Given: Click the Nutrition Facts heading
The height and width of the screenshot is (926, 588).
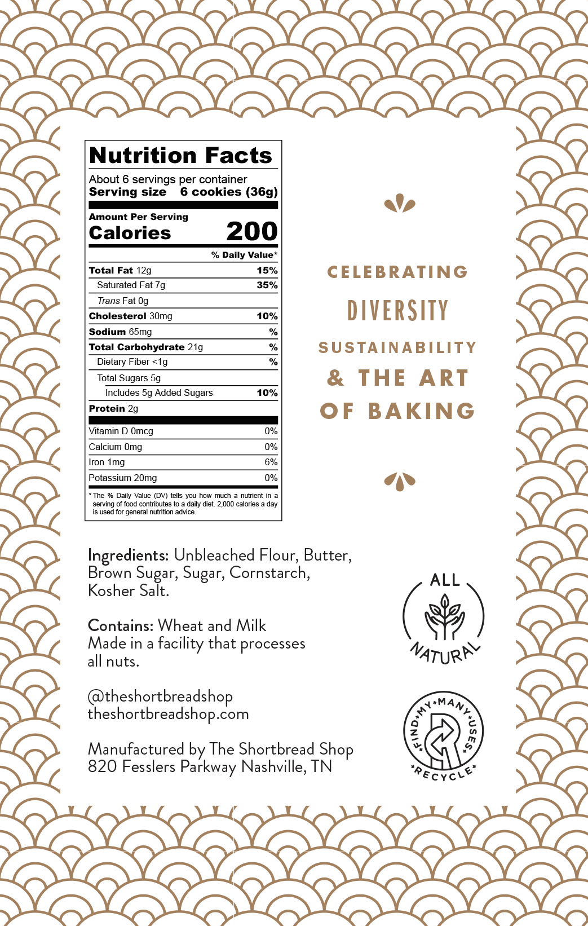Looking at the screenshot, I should tap(180, 156).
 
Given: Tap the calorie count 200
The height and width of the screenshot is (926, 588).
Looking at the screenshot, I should tap(252, 231).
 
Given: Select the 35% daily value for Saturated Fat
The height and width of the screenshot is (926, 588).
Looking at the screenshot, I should tap(267, 285).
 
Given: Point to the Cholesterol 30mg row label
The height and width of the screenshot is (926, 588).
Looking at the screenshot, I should tap(130, 316).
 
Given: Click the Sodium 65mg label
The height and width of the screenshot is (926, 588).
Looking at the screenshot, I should tap(120, 332).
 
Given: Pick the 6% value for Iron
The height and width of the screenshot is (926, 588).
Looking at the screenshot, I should tap(271, 462).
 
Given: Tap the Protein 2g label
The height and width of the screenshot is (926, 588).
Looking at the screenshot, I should tap(113, 409).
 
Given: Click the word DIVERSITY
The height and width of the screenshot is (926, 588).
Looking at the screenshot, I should tap(397, 311).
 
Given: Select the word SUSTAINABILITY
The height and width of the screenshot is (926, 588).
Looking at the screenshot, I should tap(397, 347).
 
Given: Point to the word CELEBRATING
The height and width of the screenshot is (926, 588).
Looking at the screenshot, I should tap(397, 272).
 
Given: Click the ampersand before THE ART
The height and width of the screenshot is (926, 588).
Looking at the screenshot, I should tap(335, 378).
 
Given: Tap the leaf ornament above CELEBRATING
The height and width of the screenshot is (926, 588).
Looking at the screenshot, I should tap(400, 203).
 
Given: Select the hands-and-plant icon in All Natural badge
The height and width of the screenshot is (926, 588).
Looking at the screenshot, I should tap(444, 619).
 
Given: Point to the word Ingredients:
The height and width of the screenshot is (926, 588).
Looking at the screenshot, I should tap(128, 555).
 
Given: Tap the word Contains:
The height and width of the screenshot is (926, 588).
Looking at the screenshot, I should tap(121, 626).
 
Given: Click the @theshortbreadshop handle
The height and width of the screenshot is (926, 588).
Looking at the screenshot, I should tap(160, 696).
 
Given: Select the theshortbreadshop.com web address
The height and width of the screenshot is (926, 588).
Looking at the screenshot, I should tap(168, 714).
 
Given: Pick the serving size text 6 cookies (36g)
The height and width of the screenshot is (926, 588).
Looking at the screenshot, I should tap(229, 192).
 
